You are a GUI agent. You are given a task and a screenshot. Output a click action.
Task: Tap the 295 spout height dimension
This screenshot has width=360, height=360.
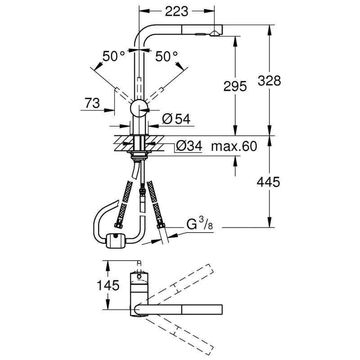point(235,86)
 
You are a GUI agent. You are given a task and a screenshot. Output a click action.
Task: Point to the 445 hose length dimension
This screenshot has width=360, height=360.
point(269,182)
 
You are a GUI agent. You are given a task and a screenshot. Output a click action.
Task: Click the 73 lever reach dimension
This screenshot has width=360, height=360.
point(92,103)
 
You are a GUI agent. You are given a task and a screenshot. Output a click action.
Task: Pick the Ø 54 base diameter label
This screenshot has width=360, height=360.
point(176,119)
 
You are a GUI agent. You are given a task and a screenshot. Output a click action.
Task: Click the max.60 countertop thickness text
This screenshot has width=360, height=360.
point(234,146)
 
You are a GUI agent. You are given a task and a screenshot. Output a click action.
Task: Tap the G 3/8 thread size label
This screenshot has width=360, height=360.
point(198,224)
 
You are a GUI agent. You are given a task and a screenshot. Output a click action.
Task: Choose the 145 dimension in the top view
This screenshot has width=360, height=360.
point(108,285)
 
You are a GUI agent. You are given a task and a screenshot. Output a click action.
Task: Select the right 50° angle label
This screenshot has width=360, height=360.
point(167,56)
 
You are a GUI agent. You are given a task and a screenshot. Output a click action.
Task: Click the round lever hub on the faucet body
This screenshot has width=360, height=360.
point(139,108)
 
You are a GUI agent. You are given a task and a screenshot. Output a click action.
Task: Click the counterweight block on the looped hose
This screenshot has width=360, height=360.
point(116,241)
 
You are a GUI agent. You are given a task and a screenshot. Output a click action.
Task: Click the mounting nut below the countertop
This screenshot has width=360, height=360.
point(139,156)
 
